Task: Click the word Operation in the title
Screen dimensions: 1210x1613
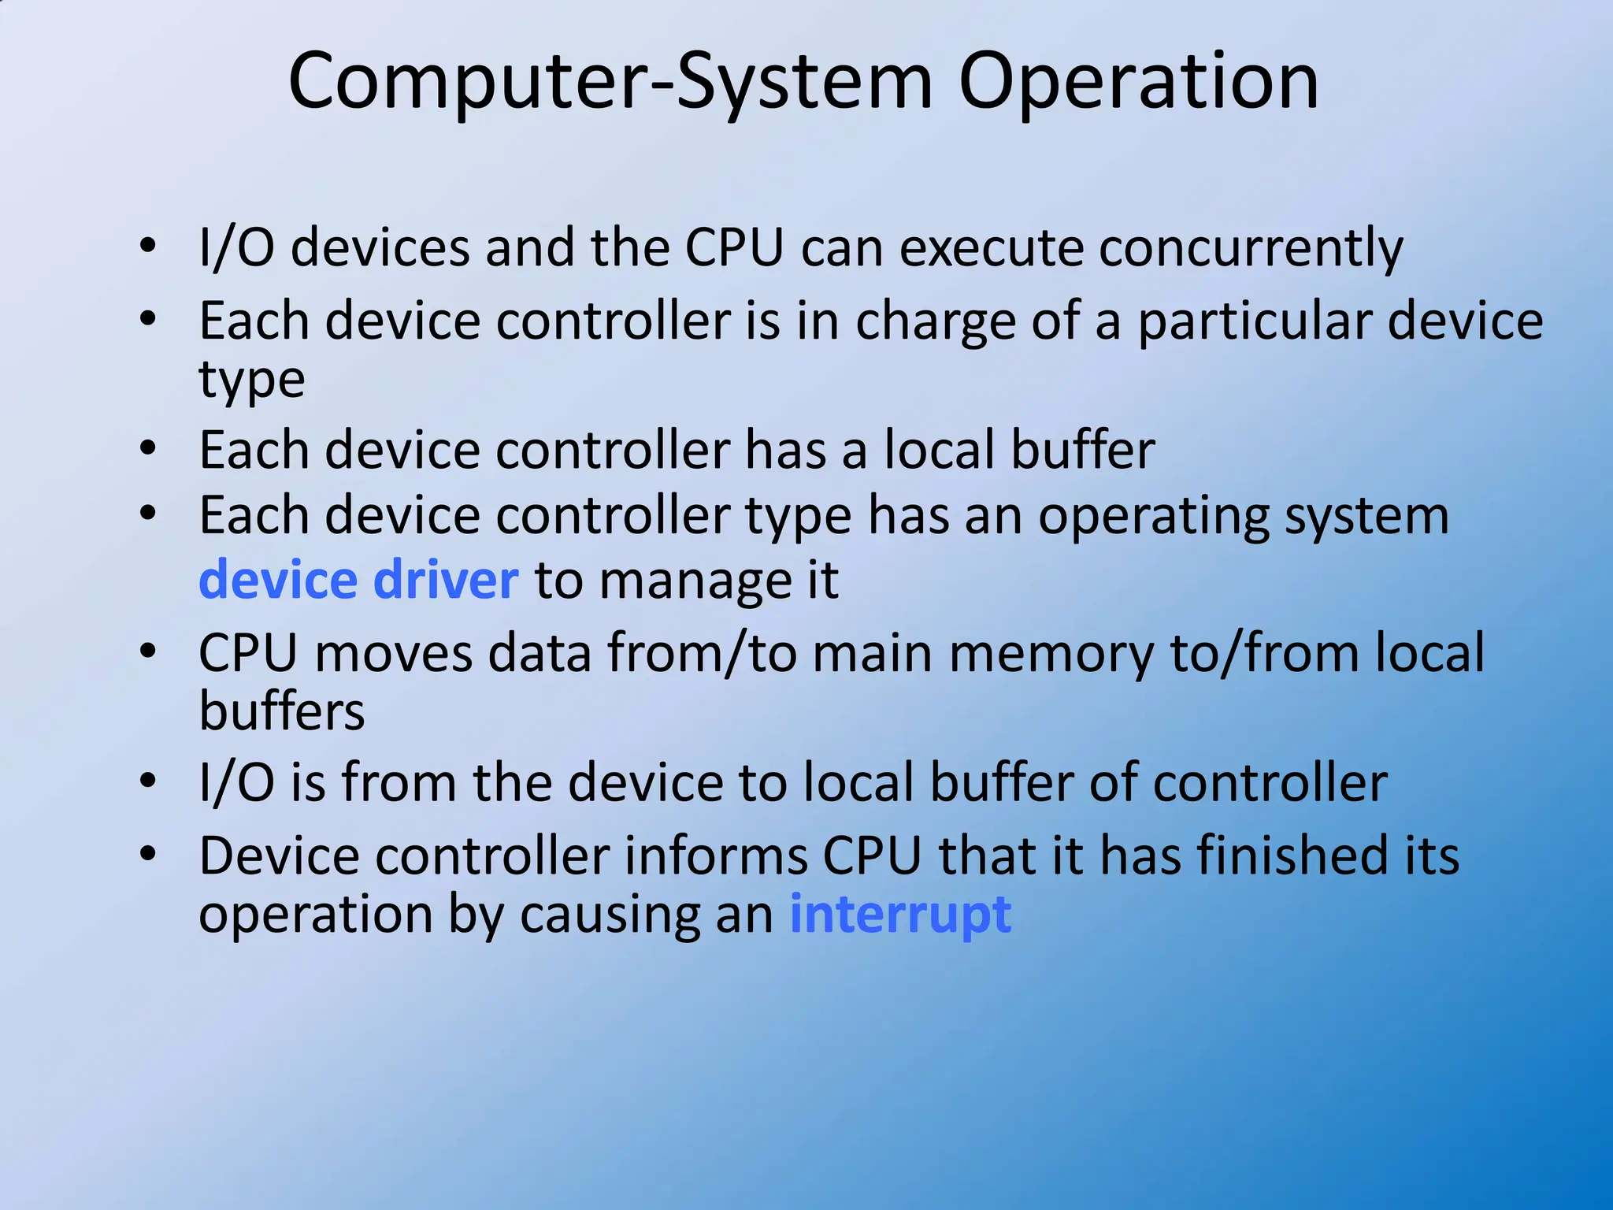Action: [x=1138, y=81]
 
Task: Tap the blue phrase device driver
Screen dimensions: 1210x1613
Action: [x=358, y=580]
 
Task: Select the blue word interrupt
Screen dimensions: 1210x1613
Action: [x=900, y=915]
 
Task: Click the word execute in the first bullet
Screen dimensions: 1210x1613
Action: [x=992, y=248]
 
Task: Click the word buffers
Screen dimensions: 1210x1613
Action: [x=281, y=711]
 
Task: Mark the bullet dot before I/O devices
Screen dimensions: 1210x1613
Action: [x=147, y=246]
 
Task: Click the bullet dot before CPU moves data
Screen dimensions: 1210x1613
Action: [x=147, y=651]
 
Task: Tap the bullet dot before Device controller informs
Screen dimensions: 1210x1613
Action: [x=147, y=854]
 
